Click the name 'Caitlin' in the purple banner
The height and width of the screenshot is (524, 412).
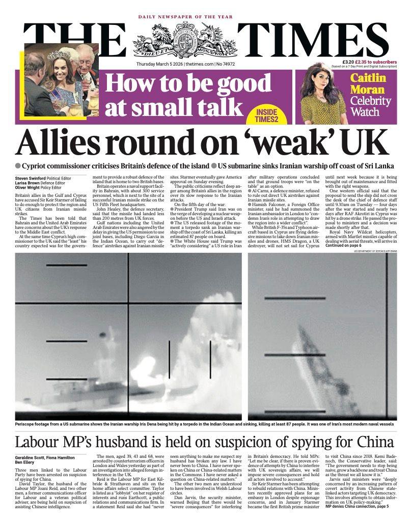coord(368,78)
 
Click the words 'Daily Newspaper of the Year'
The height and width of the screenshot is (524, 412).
coord(185,17)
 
